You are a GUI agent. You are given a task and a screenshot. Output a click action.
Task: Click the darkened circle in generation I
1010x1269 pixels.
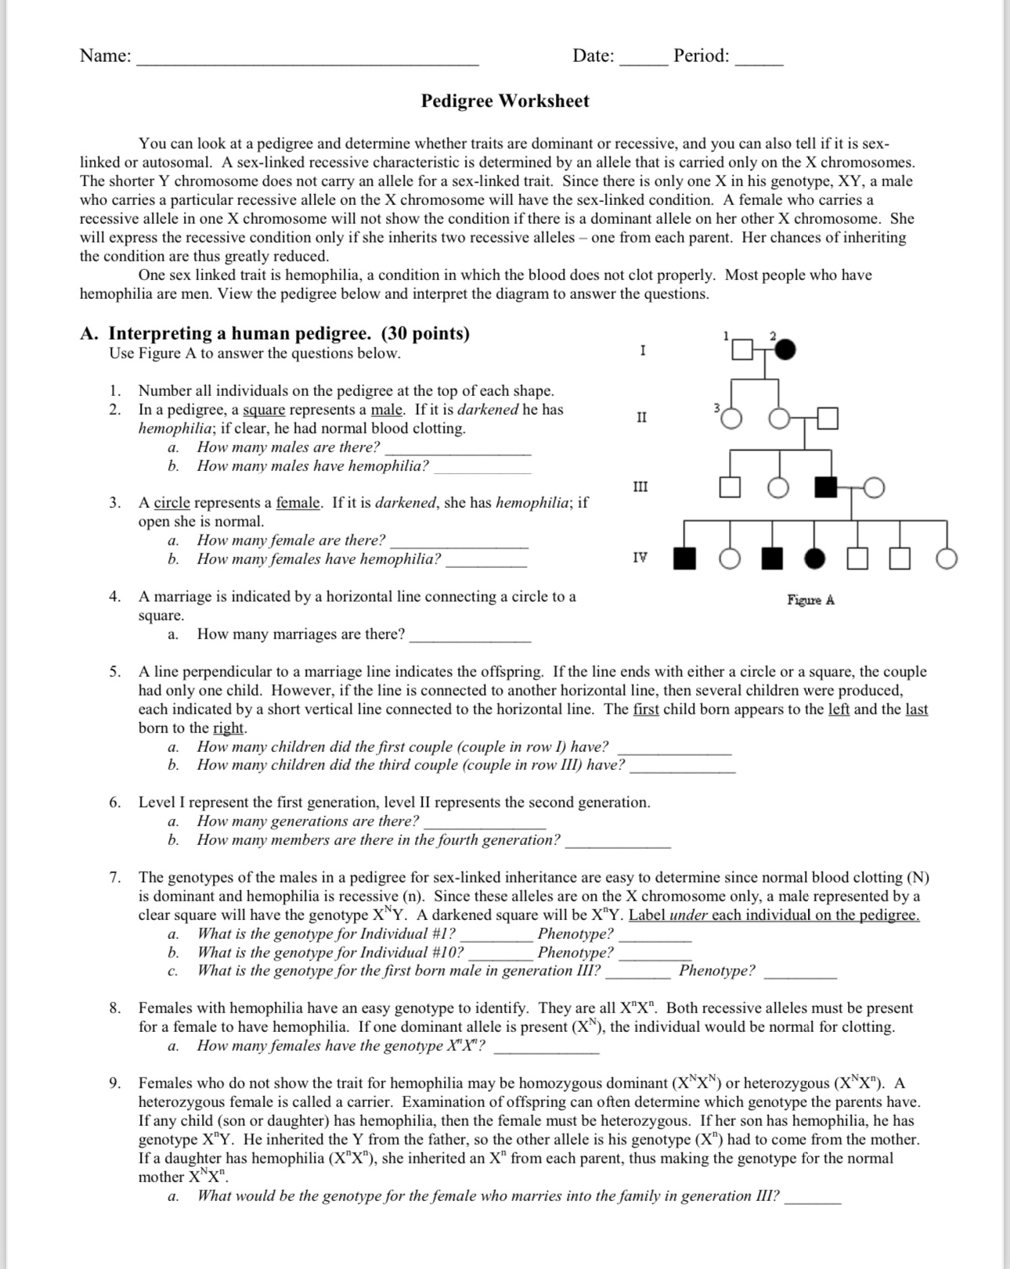click(x=785, y=349)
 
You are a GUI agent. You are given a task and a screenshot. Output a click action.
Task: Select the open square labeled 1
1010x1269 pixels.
click(x=742, y=349)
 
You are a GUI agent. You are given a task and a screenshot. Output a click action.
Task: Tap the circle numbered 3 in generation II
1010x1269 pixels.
click(x=730, y=419)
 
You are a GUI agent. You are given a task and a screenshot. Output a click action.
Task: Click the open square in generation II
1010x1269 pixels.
click(x=828, y=419)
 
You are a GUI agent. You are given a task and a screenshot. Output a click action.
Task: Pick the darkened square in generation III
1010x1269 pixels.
click(x=825, y=487)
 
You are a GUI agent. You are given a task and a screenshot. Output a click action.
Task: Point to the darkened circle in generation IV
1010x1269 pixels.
click(x=815, y=559)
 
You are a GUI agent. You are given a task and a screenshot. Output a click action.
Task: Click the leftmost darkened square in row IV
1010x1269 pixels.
click(x=685, y=559)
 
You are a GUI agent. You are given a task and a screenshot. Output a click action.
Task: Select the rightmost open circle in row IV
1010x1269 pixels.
click(x=947, y=559)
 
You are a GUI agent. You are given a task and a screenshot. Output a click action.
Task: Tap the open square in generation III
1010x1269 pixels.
click(x=730, y=487)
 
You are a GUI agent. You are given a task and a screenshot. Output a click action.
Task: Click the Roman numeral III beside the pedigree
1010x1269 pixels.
click(x=640, y=487)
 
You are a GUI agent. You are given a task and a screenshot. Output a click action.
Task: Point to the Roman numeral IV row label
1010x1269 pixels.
click(x=640, y=558)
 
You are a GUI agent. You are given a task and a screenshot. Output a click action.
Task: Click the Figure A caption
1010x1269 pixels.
click(x=810, y=600)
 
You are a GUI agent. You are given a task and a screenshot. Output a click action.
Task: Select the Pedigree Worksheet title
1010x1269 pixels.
click(x=505, y=101)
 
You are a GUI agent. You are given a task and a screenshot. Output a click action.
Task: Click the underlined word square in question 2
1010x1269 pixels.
click(x=264, y=410)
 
